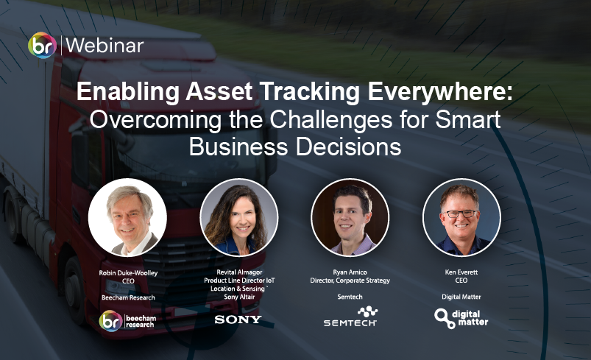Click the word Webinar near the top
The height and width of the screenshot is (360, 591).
point(105,46)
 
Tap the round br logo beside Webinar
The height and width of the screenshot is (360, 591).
point(42,45)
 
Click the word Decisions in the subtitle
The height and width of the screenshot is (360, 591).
point(349,147)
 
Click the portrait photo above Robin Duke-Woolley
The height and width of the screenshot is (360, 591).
point(127,217)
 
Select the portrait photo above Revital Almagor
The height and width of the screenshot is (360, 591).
point(239,217)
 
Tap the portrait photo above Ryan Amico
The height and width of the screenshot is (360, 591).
point(350,217)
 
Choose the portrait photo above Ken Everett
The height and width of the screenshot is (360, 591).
point(461,217)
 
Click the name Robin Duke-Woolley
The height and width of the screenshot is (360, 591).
point(128,272)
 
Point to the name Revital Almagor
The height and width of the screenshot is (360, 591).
point(239,272)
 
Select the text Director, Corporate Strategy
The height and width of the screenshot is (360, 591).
point(350,280)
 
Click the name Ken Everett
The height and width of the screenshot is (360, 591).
point(461,272)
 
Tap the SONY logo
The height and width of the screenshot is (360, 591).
point(238,320)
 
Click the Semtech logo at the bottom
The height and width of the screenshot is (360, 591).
point(350,317)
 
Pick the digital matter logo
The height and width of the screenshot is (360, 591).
point(461,318)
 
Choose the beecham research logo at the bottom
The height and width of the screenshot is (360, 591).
point(127,321)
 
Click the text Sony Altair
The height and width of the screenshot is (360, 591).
point(239,297)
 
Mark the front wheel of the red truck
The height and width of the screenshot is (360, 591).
point(75,289)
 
